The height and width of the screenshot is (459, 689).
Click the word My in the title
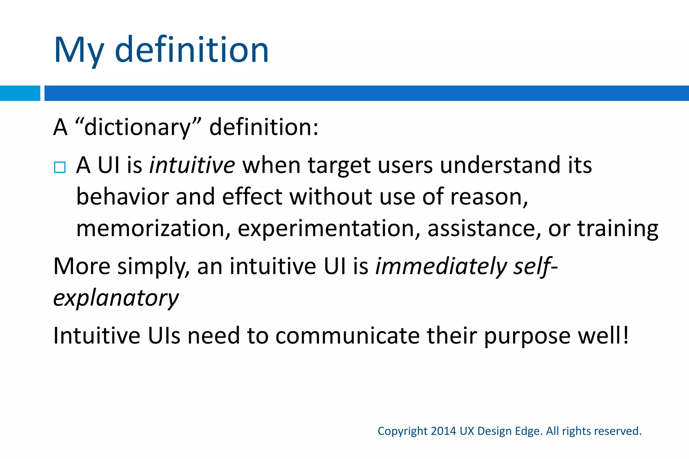pos(79,50)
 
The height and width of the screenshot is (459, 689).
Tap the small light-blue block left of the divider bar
pos(20,93)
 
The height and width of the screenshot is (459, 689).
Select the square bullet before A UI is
pos(60,167)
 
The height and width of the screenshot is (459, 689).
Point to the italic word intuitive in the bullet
pos(192,165)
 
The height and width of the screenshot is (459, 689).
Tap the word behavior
pos(122,197)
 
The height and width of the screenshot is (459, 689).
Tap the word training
pos(618,229)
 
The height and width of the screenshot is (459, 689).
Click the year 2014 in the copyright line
pos(443,431)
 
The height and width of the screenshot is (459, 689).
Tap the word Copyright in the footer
pos(402,431)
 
